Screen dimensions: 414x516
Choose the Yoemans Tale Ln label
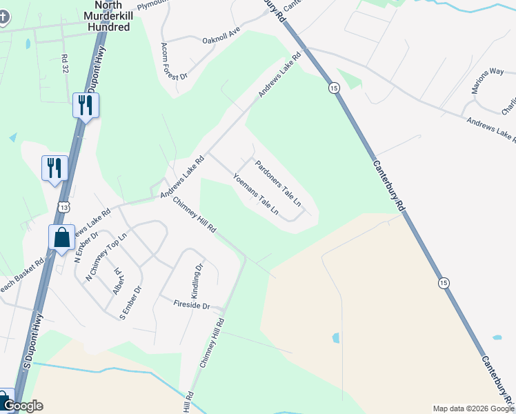pos(256,193)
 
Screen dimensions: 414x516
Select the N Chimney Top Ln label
pos(107,256)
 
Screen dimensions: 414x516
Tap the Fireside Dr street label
pos(191,304)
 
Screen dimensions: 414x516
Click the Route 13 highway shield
pos(64,206)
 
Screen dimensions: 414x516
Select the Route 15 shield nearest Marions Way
pos(334,88)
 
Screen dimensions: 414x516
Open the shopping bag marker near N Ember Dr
pos(61,237)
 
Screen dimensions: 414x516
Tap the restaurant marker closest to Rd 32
pos(86,106)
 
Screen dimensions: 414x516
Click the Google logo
pos(23,406)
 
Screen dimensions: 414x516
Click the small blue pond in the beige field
pos(335,338)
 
